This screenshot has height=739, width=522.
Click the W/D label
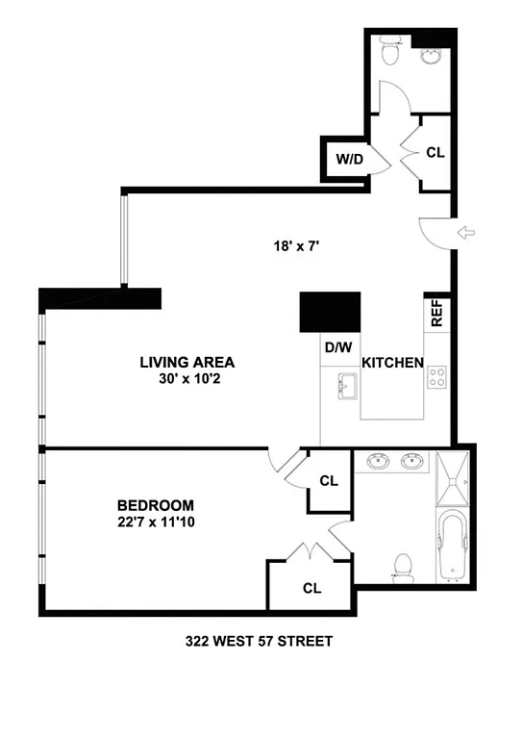coord(349,159)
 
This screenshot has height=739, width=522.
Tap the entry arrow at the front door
coord(469,232)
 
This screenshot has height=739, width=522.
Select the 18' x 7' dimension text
coord(295,246)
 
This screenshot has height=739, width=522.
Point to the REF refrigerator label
coord(436,314)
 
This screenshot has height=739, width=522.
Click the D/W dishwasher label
coord(337,346)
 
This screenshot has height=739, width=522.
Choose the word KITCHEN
coord(393,363)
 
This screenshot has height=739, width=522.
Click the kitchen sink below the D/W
coord(347,388)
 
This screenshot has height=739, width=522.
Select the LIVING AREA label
coord(187,362)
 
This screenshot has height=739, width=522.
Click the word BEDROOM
coord(156,505)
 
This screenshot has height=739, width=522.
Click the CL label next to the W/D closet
coord(435,152)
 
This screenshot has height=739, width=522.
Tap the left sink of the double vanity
coord(377,463)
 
